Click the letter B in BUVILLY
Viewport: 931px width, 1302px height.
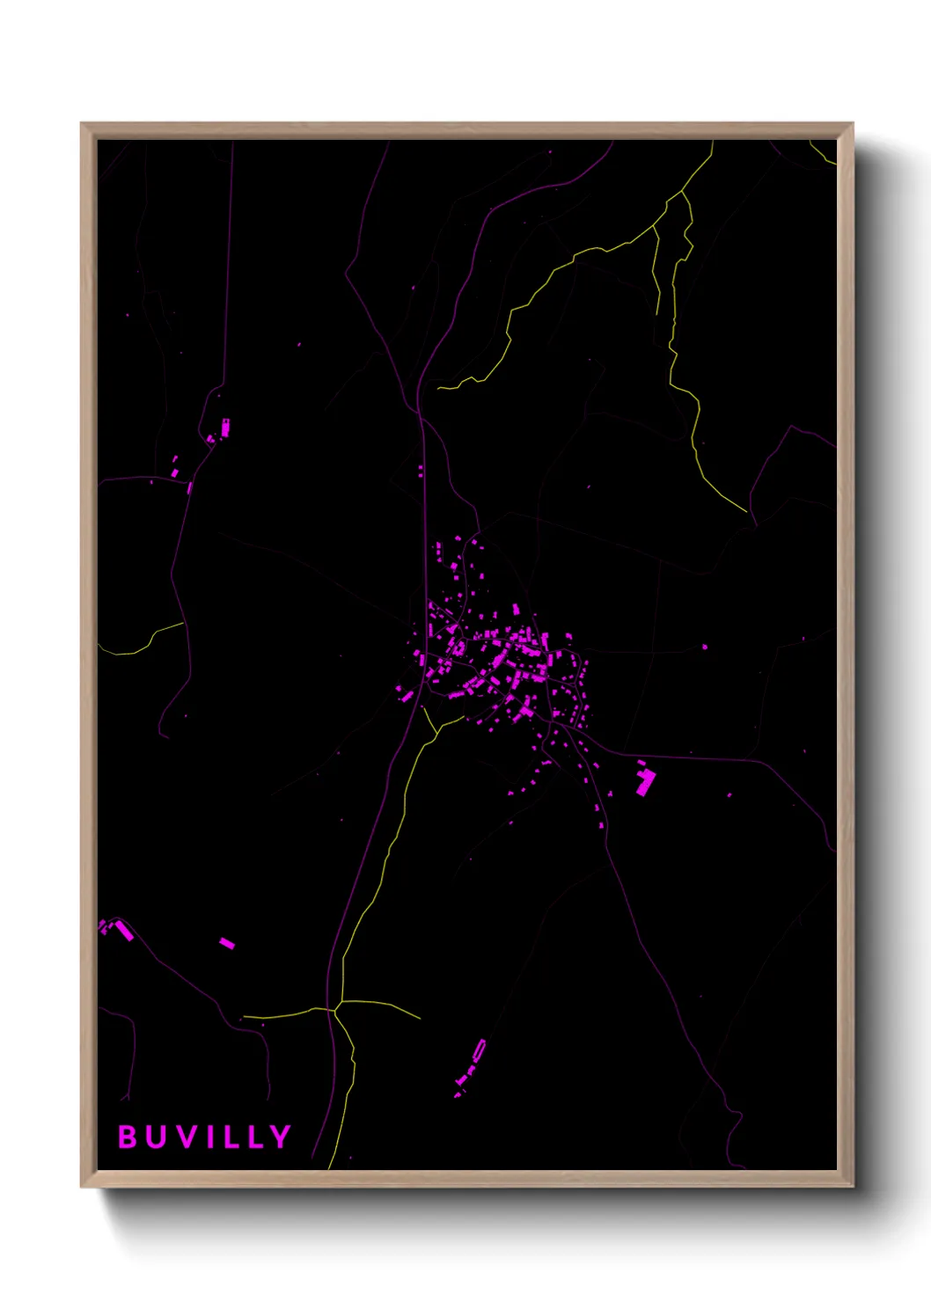[127, 1137]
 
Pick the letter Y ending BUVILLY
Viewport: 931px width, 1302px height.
[280, 1137]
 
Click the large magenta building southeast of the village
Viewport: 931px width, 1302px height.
[647, 781]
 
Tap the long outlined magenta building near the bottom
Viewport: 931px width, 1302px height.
[478, 1051]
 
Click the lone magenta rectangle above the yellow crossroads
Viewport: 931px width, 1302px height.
[227, 943]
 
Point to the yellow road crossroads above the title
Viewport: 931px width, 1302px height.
[336, 1007]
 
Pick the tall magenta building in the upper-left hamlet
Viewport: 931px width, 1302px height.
[225, 428]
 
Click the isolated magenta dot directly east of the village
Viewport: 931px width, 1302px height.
[704, 647]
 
